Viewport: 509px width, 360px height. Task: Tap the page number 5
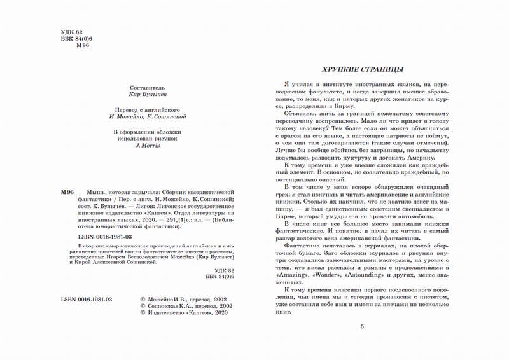point(361,326)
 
